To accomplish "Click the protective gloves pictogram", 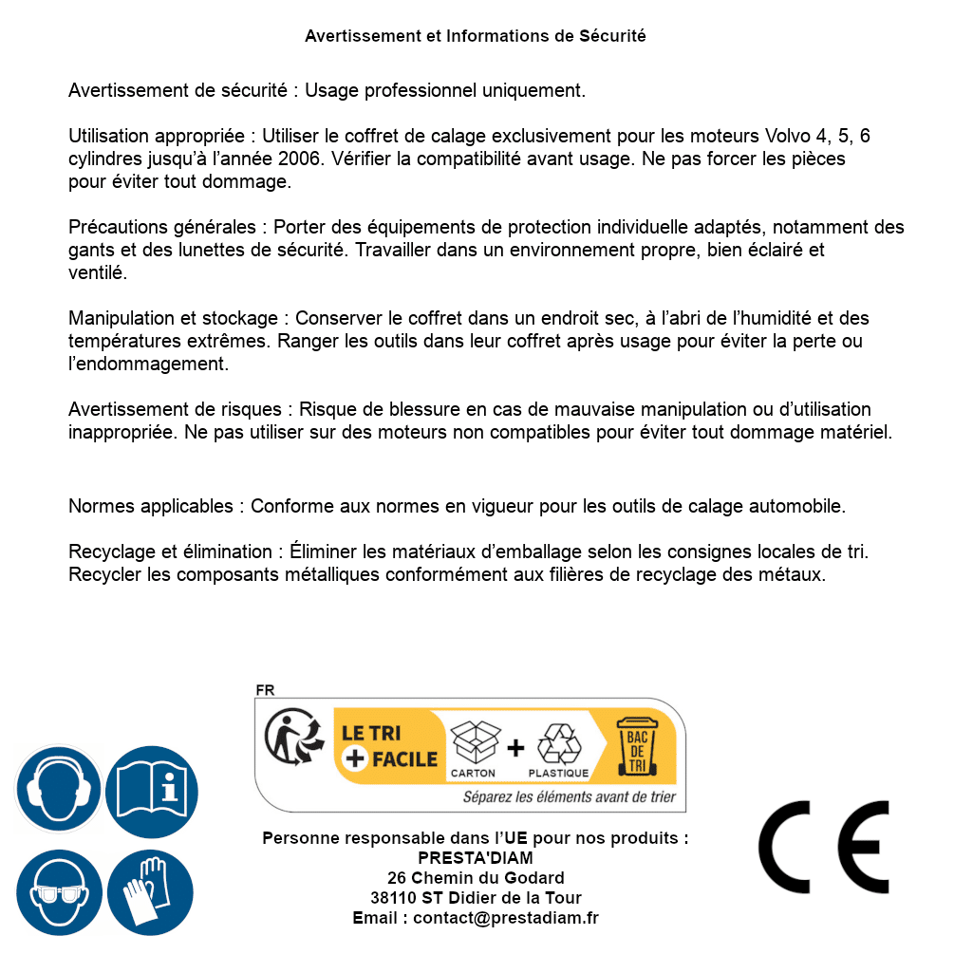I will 150,892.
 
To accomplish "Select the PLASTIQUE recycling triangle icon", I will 558,742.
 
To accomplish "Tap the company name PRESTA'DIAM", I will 475,858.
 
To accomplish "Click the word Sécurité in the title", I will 612,36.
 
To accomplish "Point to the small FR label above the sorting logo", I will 265,690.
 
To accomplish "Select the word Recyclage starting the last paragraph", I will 109,552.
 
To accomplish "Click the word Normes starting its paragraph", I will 101,506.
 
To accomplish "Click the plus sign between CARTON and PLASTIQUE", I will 515,748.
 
